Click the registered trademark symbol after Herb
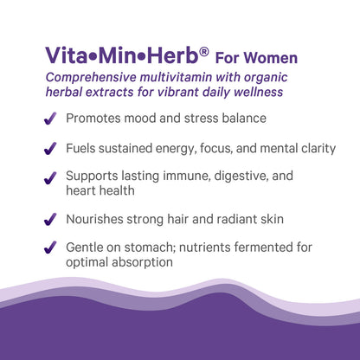click(x=204, y=51)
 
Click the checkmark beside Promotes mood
click(x=51, y=119)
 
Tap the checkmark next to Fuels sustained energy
click(x=51, y=149)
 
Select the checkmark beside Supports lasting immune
click(x=51, y=178)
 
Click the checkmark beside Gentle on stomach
click(x=51, y=249)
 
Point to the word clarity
click(x=315, y=148)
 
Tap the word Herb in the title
click(x=172, y=57)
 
